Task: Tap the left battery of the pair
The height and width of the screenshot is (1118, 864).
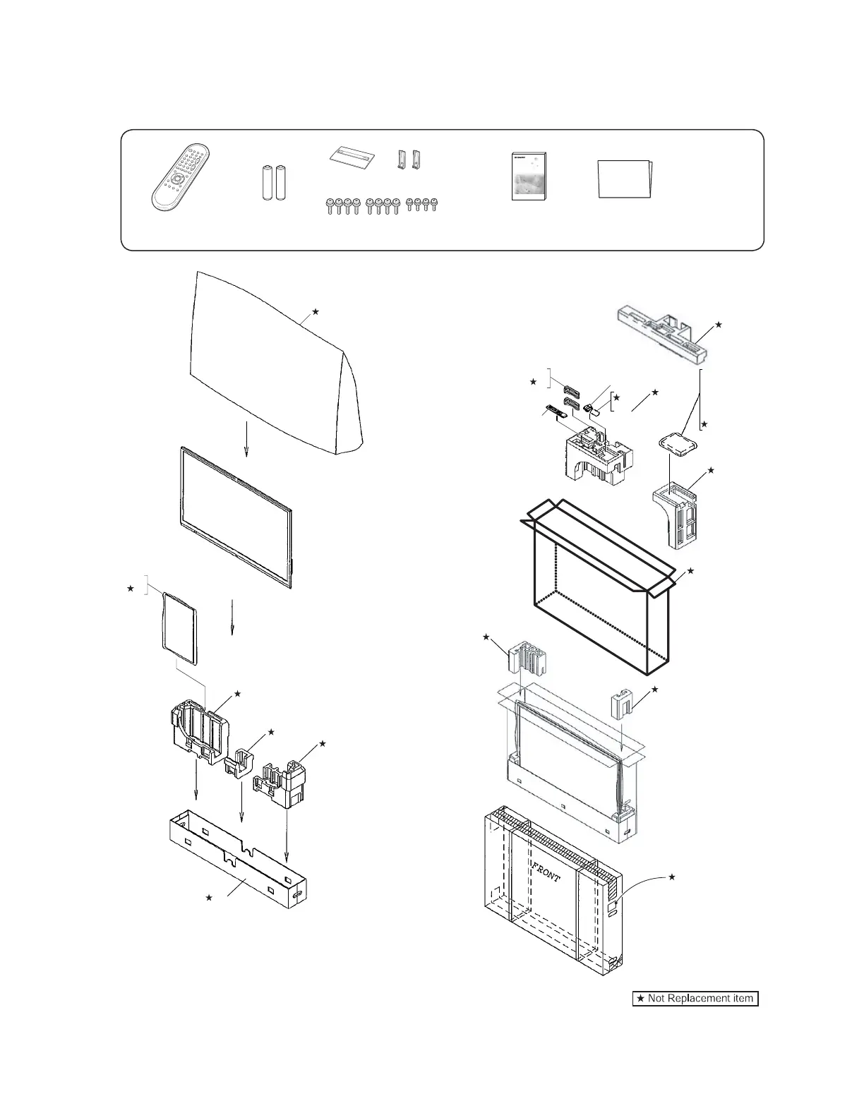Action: tap(268, 184)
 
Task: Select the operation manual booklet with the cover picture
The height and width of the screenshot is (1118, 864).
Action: tap(530, 176)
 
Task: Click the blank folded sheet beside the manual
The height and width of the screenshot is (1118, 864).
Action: tap(625, 179)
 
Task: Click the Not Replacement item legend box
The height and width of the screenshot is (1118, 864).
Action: tap(695, 998)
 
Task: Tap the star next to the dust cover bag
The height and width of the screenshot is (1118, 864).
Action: tap(316, 311)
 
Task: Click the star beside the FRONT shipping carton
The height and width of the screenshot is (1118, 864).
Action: tap(671, 877)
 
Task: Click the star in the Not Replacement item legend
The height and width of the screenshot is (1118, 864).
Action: tap(640, 998)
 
